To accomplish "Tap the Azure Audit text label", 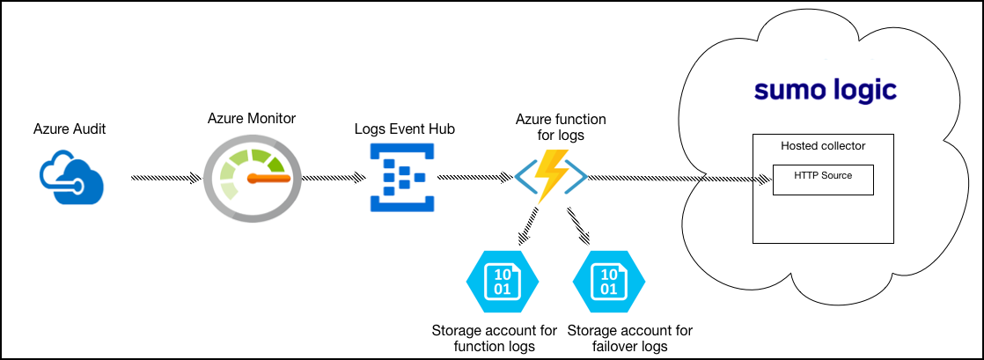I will (70, 129).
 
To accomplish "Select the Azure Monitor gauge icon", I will (251, 179).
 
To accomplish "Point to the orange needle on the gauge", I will (268, 179).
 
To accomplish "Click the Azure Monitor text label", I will (252, 118).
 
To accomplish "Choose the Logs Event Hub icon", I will (400, 179).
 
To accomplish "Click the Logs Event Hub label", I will (405, 129).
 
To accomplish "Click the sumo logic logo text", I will (826, 90).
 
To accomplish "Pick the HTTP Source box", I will (823, 179).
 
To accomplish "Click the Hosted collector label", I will (823, 145).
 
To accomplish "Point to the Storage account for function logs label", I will (495, 338).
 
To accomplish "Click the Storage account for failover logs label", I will (630, 338).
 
